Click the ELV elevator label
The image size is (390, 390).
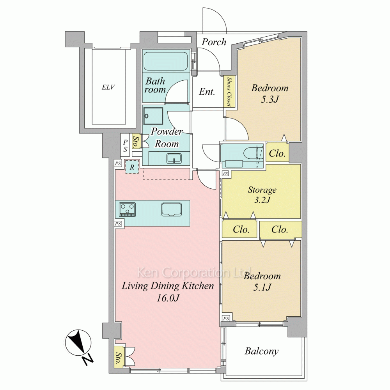(108, 87)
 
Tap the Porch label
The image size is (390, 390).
(214, 42)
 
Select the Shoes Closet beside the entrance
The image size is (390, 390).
(229, 91)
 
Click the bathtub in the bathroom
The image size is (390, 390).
(165, 61)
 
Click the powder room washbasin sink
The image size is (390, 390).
(174, 158)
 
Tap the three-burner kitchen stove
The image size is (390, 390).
(128, 209)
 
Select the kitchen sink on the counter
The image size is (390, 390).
(171, 209)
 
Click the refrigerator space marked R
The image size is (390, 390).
(132, 167)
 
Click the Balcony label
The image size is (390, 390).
(261, 351)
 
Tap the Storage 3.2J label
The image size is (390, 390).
(262, 195)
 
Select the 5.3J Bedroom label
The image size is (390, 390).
(269, 94)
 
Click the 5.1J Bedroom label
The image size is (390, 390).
(262, 282)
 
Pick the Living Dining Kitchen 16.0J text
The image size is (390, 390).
(168, 291)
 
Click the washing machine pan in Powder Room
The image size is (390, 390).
(153, 116)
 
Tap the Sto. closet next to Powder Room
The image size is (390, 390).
(136, 142)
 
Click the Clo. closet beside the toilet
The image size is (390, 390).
(277, 153)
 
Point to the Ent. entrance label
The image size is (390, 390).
(207, 92)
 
